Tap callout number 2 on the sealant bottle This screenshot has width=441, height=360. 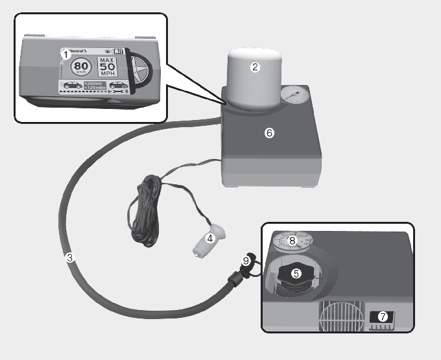(255, 67)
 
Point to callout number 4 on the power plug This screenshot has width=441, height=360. (209, 239)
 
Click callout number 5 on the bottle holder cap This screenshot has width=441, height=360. (296, 273)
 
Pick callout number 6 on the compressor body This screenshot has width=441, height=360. (270, 133)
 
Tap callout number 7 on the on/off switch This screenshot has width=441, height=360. (383, 317)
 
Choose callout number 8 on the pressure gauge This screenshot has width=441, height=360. (292, 241)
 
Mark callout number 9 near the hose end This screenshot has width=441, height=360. (246, 261)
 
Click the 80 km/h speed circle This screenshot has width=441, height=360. (80, 67)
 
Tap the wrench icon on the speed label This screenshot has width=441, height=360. (102, 93)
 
